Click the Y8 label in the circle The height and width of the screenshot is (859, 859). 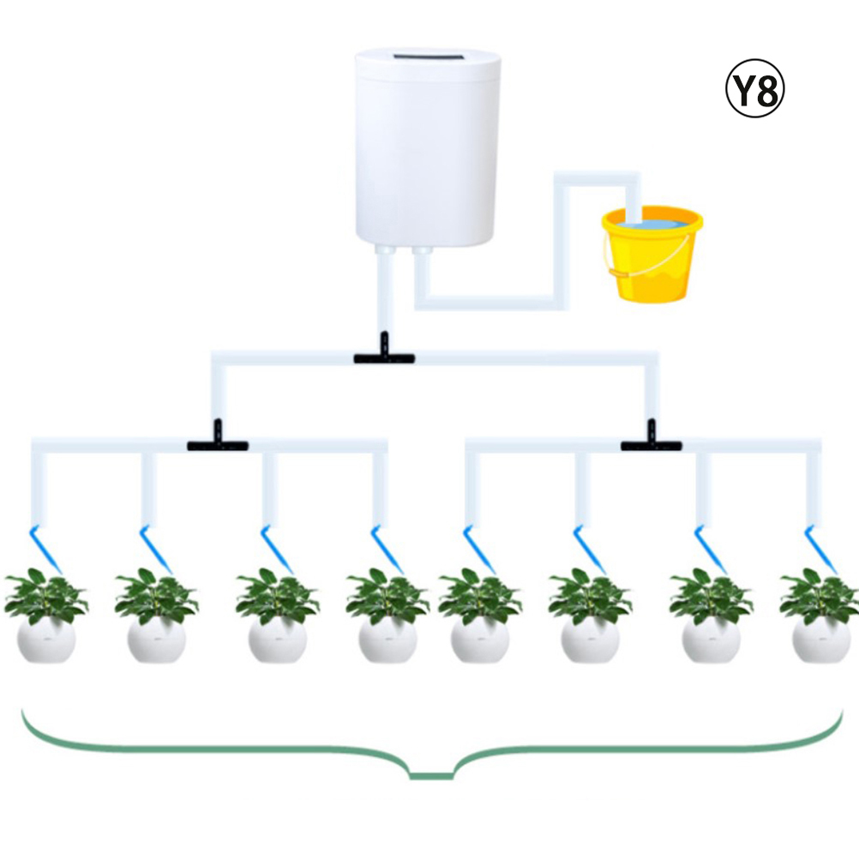[754, 89]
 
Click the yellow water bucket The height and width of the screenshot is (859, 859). [652, 254]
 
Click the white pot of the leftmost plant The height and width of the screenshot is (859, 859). [46, 640]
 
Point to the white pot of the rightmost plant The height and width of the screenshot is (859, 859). [821, 640]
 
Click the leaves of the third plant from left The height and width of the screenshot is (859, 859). [277, 596]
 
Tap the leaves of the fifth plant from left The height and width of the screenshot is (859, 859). [479, 596]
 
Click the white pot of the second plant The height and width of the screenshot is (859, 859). [156, 640]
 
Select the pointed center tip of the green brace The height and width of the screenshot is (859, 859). [432, 777]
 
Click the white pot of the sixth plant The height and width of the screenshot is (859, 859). [590, 640]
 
